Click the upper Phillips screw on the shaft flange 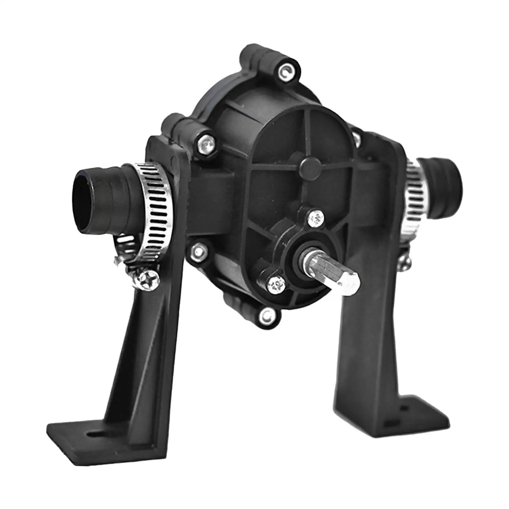tap(317, 218)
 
